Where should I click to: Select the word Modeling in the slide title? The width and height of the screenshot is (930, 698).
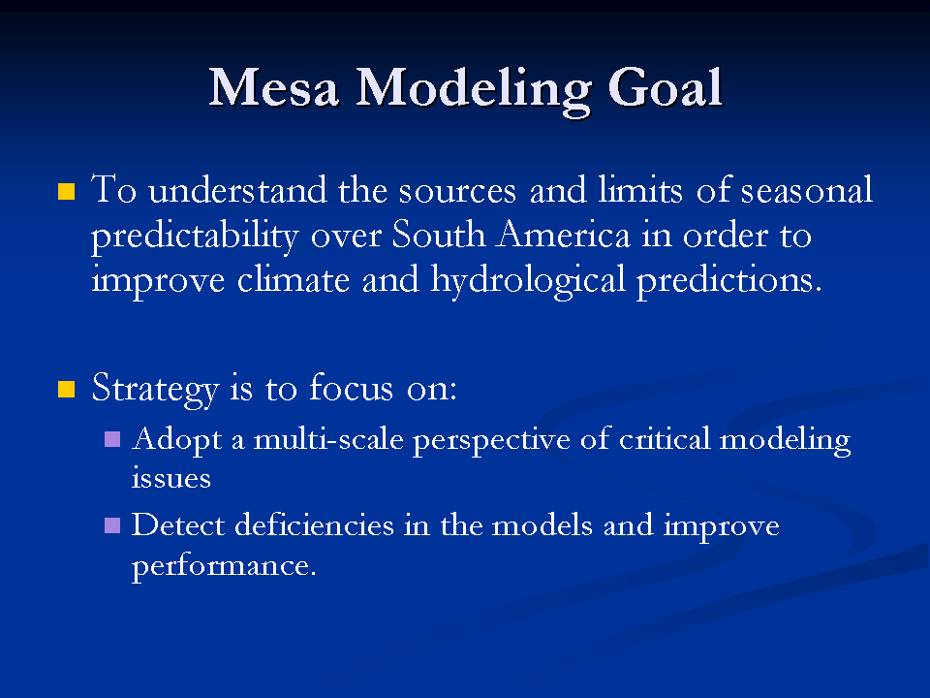tap(474, 91)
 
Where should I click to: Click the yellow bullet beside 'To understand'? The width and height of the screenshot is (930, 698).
tap(67, 191)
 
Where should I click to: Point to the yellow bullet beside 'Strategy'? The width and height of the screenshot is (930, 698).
tap(67, 390)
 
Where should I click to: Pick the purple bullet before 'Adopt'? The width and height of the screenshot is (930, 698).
tap(112, 439)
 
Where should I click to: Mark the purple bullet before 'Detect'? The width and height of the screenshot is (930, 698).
tap(112, 525)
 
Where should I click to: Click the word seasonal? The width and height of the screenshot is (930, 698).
tap(807, 191)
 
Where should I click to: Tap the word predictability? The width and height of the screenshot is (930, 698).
tap(195, 237)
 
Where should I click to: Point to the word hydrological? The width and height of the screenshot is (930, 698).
tap(528, 280)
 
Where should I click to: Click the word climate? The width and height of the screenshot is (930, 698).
tap(293, 279)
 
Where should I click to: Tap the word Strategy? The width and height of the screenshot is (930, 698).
tap(155, 390)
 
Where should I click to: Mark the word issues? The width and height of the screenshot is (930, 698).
tap(170, 479)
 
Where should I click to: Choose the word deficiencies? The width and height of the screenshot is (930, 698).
tap(314, 524)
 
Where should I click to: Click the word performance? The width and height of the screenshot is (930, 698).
tap(224, 566)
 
